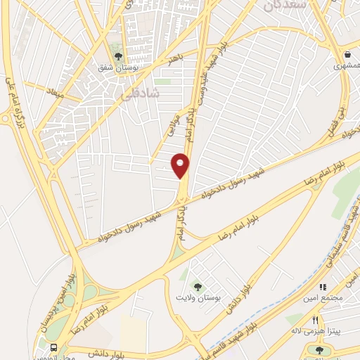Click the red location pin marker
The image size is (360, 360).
click(x=181, y=165)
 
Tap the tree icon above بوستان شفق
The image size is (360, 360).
click(x=117, y=56)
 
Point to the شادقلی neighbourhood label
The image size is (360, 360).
click(x=146, y=92)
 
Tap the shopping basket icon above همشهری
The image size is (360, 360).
click(x=347, y=54)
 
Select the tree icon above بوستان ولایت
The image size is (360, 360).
click(x=198, y=286)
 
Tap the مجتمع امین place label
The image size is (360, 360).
click(x=323, y=297)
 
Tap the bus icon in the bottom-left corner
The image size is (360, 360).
click(x=56, y=347)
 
